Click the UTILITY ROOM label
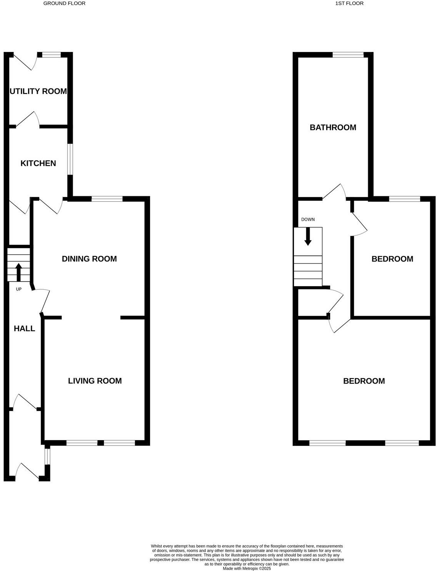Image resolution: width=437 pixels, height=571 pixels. (38, 91)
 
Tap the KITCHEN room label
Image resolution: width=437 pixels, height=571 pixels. (38, 163)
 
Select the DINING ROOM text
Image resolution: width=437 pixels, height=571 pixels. (89, 259)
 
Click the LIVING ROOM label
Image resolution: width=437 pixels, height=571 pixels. (95, 381)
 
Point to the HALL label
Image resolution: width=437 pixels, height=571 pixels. (24, 329)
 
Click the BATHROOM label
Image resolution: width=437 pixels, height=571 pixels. (333, 127)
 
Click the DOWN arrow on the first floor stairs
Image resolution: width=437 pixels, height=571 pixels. (308, 237)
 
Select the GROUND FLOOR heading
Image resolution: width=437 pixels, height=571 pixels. (64, 3)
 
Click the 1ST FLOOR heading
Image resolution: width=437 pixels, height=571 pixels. (349, 3)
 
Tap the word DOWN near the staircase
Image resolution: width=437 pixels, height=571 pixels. (308, 220)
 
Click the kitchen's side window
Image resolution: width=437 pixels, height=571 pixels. (70, 159)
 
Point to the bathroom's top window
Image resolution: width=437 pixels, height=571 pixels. (348, 55)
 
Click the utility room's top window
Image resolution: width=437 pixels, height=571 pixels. (52, 55)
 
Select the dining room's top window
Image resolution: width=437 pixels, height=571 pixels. (107, 199)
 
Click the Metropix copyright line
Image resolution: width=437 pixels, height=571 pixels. (247, 568)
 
